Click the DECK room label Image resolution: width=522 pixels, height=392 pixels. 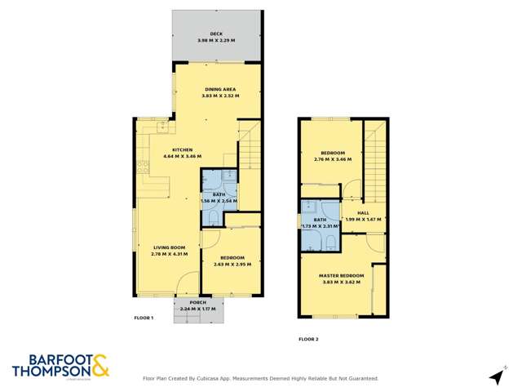point(217,34)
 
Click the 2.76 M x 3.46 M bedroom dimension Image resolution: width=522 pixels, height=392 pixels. point(333,159)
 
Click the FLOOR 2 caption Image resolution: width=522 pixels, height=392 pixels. point(308,338)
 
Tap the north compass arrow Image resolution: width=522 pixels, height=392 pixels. point(496,376)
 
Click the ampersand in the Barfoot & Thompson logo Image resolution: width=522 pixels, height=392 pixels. point(100,367)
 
